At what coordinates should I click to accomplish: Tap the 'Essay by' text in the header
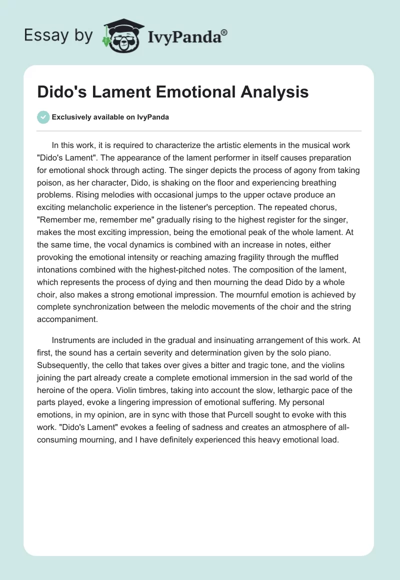(x=58, y=35)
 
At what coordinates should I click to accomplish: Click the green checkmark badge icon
(x=43, y=117)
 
